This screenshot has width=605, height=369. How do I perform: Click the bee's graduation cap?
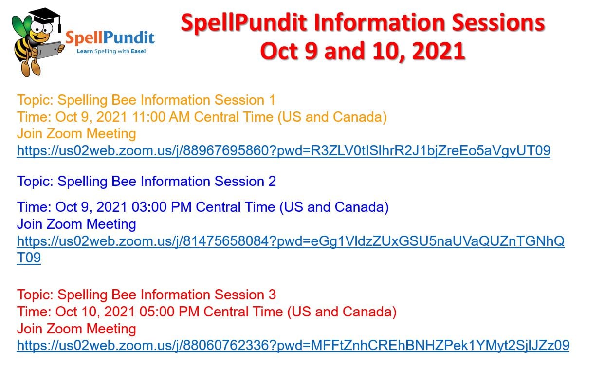pos(45,16)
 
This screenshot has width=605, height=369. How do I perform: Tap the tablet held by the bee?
pos(49,50)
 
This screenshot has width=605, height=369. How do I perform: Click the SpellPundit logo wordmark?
pos(110,38)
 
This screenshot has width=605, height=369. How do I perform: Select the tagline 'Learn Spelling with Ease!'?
pos(111,51)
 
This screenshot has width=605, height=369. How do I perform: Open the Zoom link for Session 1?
pos(284,151)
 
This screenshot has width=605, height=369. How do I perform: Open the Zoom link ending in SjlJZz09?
pos(293,345)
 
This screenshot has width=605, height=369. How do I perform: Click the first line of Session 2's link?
pos(291,241)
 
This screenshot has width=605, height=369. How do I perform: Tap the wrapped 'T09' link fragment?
pos(29,258)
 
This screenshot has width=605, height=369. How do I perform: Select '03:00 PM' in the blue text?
pos(162,207)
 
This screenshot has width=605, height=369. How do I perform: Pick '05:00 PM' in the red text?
pos(169,312)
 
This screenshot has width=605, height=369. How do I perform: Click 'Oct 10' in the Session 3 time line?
pos(74,312)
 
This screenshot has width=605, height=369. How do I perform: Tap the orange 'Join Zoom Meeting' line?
pos(76,134)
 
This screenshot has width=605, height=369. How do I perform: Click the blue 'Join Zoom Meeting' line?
pos(76,224)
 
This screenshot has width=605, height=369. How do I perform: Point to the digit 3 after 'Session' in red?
pos(272,295)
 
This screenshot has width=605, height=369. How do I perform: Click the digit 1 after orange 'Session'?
pos(272,100)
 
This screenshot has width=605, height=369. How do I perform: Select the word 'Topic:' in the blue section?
pos(35,182)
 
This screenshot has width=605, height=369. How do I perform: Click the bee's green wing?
pos(21,26)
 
